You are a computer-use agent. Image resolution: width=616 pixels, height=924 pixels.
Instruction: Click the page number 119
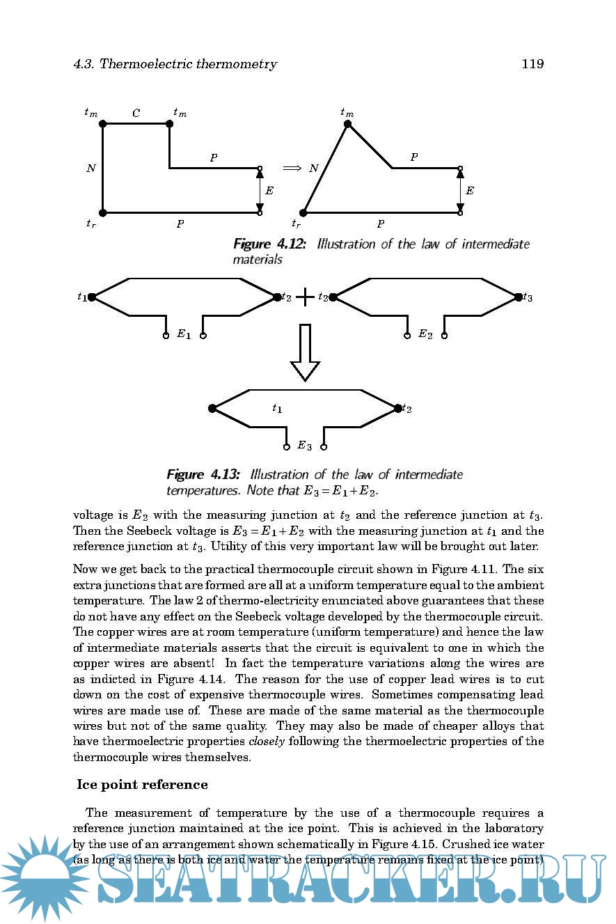[x=532, y=64]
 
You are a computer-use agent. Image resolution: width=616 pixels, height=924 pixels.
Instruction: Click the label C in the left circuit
[x=136, y=113]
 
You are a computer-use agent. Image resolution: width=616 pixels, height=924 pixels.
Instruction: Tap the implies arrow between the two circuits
[x=291, y=168]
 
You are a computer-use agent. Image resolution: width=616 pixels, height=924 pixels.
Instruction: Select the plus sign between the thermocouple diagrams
[x=305, y=297]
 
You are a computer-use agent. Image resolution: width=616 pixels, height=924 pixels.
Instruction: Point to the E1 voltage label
[x=184, y=334]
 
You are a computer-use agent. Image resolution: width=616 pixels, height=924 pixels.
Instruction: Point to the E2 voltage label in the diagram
[x=425, y=334]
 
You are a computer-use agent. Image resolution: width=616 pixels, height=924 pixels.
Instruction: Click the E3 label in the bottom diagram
[x=304, y=446]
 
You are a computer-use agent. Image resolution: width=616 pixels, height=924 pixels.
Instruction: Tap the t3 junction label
[x=528, y=297]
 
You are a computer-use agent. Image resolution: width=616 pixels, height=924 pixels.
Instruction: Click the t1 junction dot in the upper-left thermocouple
[x=91, y=297]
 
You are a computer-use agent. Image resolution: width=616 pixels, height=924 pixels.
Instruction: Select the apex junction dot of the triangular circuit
[x=347, y=124]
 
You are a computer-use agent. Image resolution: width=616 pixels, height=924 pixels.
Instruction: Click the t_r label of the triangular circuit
[x=297, y=224]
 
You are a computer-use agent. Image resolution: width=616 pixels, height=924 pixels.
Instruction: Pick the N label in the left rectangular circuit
[x=91, y=168]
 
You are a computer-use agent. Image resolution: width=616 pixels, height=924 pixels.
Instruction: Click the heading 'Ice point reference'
[x=142, y=785]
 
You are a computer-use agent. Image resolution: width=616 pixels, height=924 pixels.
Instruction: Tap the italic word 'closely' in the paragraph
[x=267, y=741]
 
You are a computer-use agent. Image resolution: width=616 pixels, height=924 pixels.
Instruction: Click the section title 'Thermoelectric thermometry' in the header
[x=188, y=64]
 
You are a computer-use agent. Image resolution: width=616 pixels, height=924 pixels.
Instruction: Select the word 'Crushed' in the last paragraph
[x=464, y=844]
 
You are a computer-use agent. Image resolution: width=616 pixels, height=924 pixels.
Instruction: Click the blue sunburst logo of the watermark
[x=43, y=877]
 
